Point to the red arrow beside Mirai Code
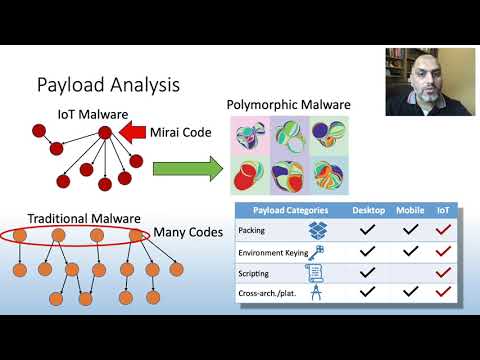(x=132, y=132)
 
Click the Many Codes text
(x=186, y=233)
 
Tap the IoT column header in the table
(x=444, y=211)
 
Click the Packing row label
(x=253, y=230)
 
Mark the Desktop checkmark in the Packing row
(x=368, y=230)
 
